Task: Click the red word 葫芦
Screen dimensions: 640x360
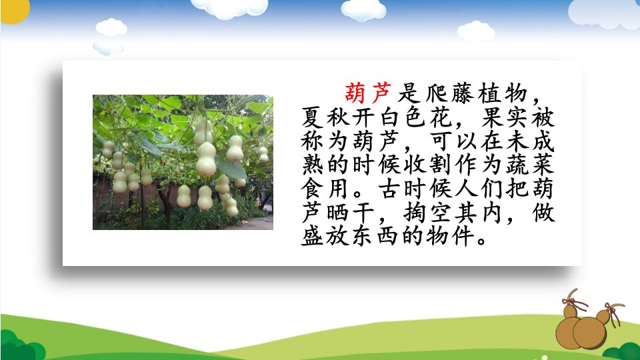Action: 368,93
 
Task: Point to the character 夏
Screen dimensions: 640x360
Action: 313,117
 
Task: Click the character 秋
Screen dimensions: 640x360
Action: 338,117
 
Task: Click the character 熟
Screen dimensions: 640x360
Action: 313,165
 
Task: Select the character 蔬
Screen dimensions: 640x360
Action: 517,165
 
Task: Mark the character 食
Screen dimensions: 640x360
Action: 313,188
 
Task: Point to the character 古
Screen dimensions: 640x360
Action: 389,188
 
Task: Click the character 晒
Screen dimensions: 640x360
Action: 338,212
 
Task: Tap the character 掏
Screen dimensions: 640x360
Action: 415,212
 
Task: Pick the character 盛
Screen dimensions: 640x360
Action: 313,236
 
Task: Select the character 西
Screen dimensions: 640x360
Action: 388,236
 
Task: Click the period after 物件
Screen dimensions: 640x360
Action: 481,241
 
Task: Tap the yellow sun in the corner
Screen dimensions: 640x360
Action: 14,9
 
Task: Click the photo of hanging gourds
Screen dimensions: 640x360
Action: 183,162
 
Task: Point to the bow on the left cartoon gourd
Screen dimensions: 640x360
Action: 575,303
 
